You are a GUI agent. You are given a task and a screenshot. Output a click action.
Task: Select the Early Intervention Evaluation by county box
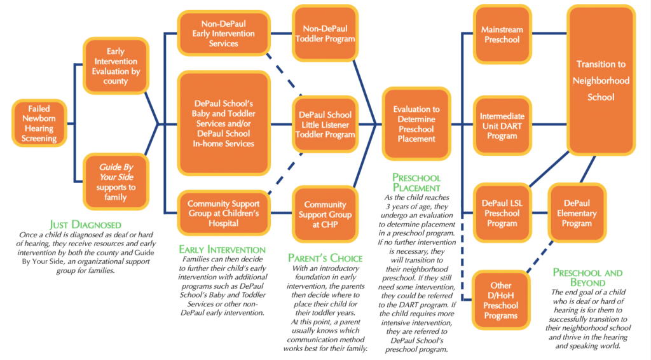click(x=116, y=67)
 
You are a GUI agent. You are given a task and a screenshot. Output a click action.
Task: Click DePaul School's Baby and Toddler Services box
click(x=224, y=123)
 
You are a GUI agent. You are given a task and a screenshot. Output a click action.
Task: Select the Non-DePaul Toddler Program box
click(x=325, y=33)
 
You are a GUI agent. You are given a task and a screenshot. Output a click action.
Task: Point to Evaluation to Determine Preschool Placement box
click(x=416, y=123)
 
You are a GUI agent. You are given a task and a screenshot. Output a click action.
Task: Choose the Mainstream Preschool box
click(x=502, y=34)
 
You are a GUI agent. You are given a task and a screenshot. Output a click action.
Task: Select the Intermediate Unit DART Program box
click(x=502, y=125)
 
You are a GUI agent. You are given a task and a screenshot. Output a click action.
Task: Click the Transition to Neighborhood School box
click(x=601, y=81)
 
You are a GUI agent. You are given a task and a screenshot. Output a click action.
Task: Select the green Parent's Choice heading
click(x=325, y=258)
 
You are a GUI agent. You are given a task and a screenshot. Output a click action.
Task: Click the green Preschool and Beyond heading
click(x=587, y=277)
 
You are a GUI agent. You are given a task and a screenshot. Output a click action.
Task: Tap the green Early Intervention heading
click(x=223, y=249)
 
